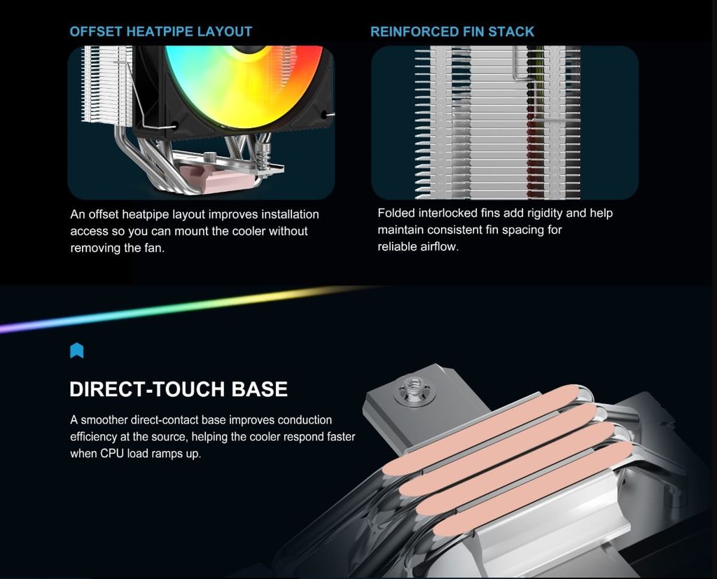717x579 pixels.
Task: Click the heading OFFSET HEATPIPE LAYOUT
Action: click(160, 32)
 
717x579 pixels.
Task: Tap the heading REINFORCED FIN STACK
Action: click(452, 32)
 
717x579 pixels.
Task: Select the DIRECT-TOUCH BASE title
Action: click(179, 389)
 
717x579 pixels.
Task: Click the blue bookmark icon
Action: click(77, 350)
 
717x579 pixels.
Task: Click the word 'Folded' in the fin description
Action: click(396, 213)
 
